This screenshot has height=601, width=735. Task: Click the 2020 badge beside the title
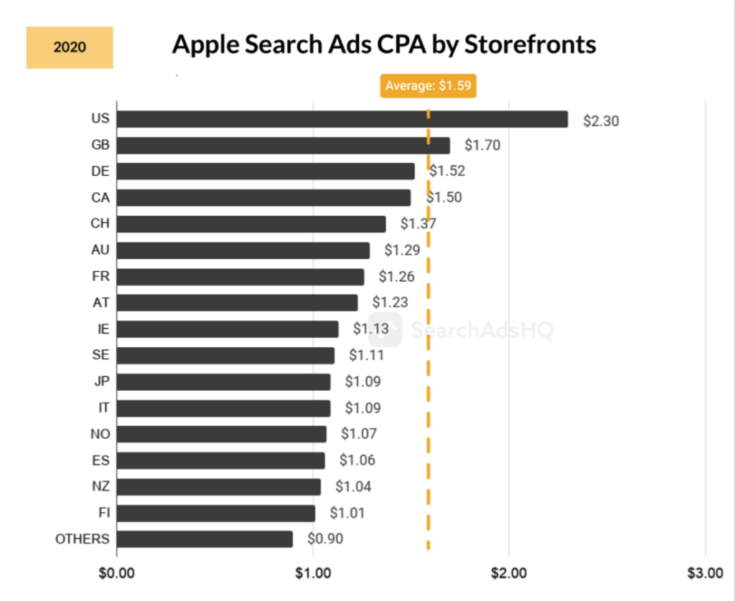click(70, 48)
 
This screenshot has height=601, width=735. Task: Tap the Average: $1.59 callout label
click(429, 86)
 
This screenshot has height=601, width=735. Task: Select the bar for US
click(342, 119)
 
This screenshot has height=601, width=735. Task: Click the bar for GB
click(283, 146)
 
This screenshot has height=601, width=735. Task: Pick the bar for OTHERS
click(205, 539)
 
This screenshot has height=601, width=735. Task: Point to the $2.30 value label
click(601, 120)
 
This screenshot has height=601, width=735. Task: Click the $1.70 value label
click(482, 146)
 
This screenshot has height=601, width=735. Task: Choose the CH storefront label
click(100, 224)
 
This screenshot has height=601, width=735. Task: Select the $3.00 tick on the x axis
click(705, 573)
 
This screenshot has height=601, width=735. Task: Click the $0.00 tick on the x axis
click(116, 573)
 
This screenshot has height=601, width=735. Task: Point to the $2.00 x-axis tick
click(508, 573)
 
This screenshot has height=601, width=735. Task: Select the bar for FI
click(215, 513)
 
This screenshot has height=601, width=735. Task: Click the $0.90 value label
click(325, 539)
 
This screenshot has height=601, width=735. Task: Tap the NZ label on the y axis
click(100, 486)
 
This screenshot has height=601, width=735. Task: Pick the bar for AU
click(243, 250)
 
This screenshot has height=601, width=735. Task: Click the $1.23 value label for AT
click(390, 303)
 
